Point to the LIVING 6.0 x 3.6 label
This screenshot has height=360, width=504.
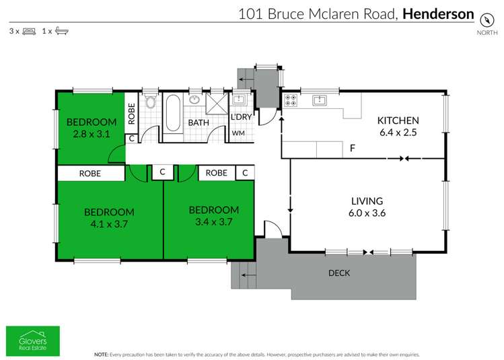[x=367, y=207]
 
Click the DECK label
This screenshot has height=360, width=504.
[x=338, y=273]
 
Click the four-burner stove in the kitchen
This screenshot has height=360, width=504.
[x=291, y=102]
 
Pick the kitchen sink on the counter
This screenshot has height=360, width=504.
[x=320, y=101]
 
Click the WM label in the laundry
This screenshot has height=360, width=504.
[x=238, y=134]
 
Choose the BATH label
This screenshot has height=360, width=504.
[x=199, y=123]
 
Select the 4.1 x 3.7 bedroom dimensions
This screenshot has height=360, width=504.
[x=109, y=223]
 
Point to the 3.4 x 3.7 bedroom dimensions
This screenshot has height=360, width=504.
[x=213, y=221]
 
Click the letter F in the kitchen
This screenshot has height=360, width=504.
[x=351, y=148]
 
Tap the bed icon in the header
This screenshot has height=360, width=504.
[x=29, y=31]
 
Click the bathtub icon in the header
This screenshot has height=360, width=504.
[x=61, y=31]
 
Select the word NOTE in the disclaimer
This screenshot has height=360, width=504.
[x=101, y=353]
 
